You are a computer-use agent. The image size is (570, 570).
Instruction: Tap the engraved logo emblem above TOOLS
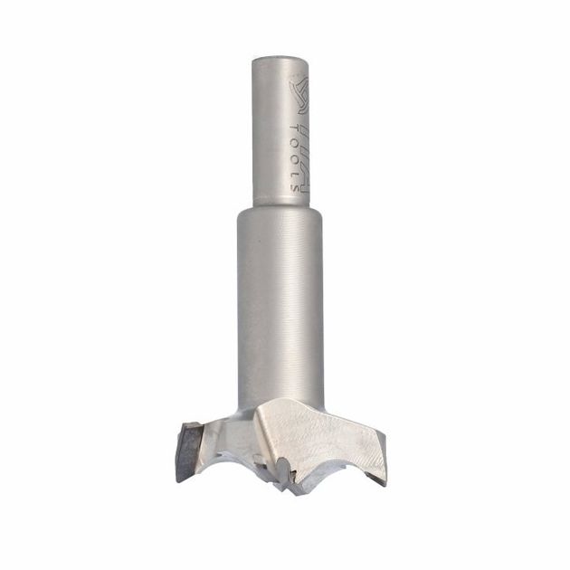[x=299, y=93]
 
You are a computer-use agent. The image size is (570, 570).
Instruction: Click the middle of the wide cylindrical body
[x=280, y=308]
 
